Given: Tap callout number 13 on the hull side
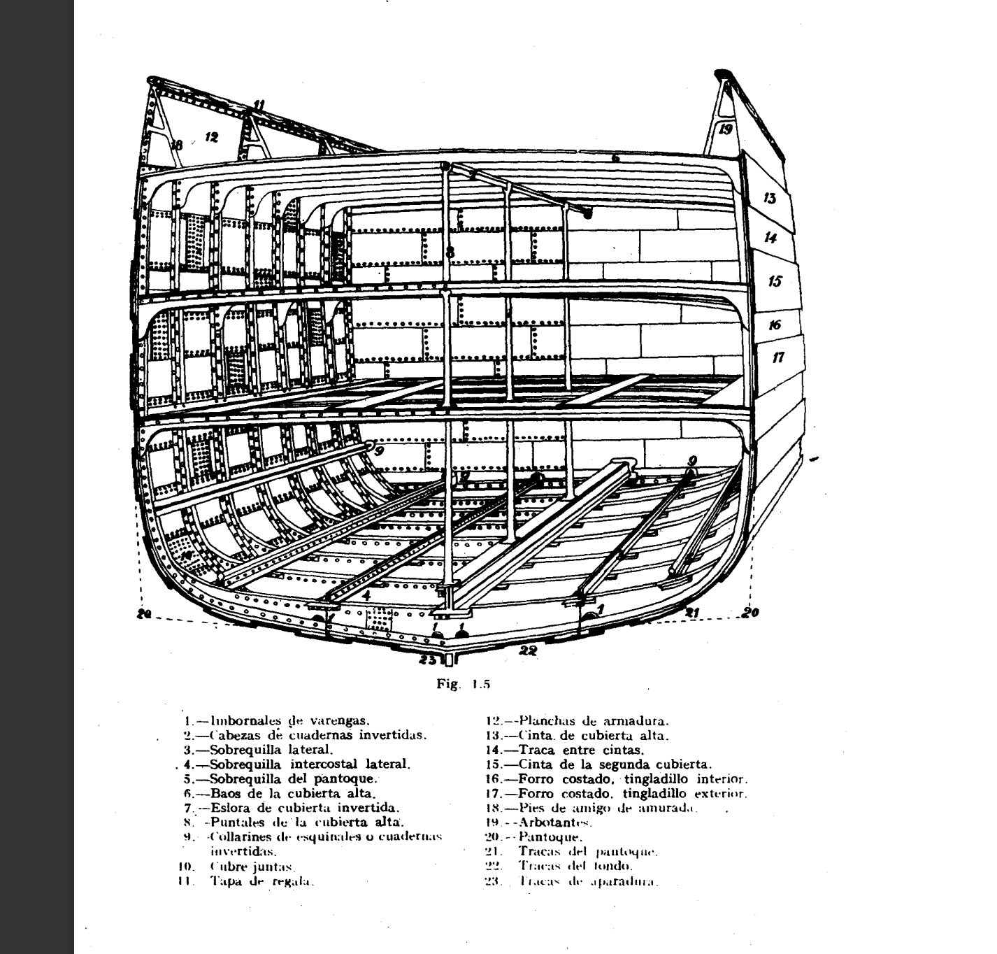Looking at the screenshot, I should tap(770, 198).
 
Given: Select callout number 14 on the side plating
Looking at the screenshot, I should tap(770, 238).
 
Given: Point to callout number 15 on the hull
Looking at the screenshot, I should tap(775, 281).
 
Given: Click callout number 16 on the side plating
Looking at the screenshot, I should tap(775, 325).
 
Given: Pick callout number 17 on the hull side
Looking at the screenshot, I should tap(778, 357).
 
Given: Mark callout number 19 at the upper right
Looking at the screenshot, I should tap(726, 129).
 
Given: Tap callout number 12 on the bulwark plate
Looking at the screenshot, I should tap(212, 137).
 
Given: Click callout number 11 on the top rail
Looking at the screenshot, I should tap(259, 106).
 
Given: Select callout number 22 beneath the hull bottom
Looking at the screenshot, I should tap(529, 650).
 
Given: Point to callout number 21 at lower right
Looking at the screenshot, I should tap(692, 613).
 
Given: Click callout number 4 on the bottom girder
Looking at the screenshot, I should tap(366, 596).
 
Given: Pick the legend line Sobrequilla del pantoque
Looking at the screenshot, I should tap(294, 778).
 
